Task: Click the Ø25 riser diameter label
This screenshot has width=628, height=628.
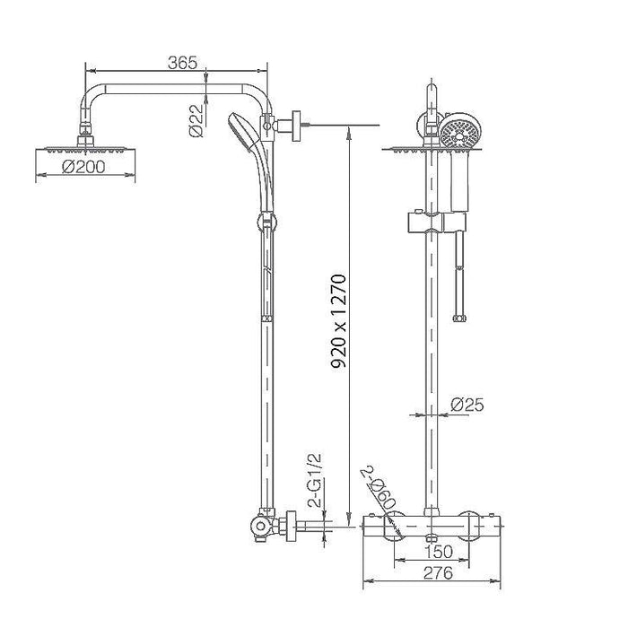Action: [467, 406]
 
